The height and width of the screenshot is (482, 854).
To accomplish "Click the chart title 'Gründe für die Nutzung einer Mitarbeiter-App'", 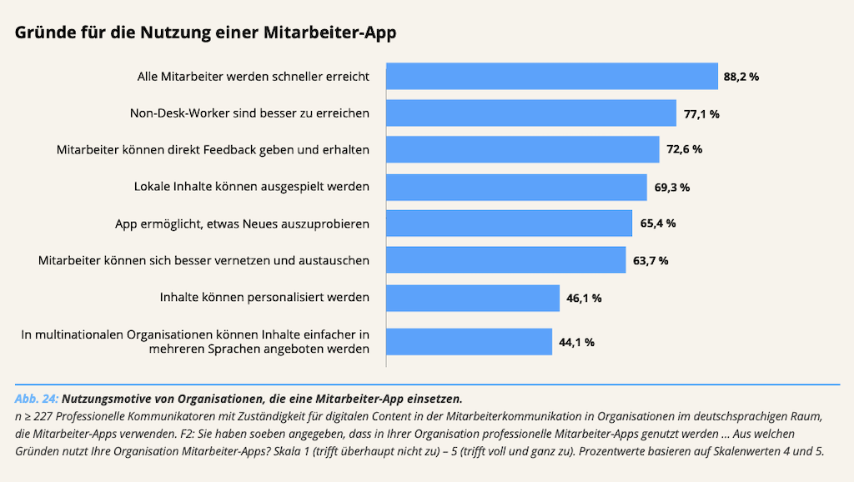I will click(205, 33).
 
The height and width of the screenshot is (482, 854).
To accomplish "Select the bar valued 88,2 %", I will click(551, 76).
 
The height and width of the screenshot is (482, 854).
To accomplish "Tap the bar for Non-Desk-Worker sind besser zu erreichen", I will click(530, 113).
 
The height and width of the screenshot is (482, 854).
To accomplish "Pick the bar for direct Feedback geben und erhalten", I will click(522, 149).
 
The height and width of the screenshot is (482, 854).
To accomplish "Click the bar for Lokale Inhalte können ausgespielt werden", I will click(516, 187).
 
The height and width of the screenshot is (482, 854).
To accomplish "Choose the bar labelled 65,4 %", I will click(509, 223).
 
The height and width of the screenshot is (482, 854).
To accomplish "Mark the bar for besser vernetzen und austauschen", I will click(505, 260).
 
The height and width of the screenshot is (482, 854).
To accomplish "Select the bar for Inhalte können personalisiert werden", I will click(472, 298).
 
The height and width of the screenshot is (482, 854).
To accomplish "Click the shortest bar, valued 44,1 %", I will click(469, 342).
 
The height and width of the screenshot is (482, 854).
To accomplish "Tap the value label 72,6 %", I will click(684, 150).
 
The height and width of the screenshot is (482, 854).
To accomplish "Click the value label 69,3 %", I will click(671, 188).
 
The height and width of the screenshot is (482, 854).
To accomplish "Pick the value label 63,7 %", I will click(651, 261).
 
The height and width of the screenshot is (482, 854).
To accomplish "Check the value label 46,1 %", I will click(584, 299).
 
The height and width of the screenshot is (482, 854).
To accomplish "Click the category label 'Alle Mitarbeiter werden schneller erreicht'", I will click(254, 76).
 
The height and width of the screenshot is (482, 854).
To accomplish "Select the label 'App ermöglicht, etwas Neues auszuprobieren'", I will click(242, 223).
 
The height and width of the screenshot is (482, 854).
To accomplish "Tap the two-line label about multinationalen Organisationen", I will click(195, 342).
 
